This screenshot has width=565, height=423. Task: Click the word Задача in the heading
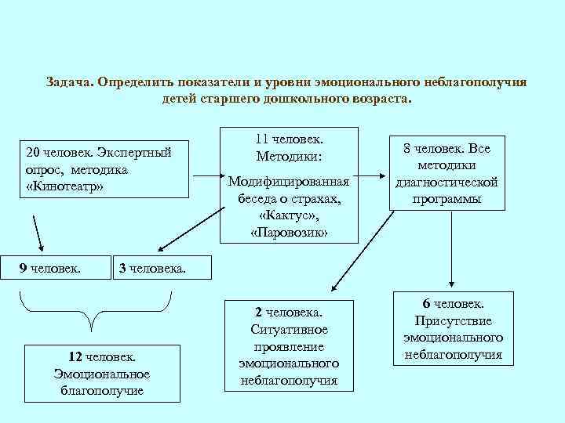70,81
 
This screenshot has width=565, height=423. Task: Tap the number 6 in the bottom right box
426,303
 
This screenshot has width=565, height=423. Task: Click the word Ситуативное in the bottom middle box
289,329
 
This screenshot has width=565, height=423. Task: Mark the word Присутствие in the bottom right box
453,320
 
